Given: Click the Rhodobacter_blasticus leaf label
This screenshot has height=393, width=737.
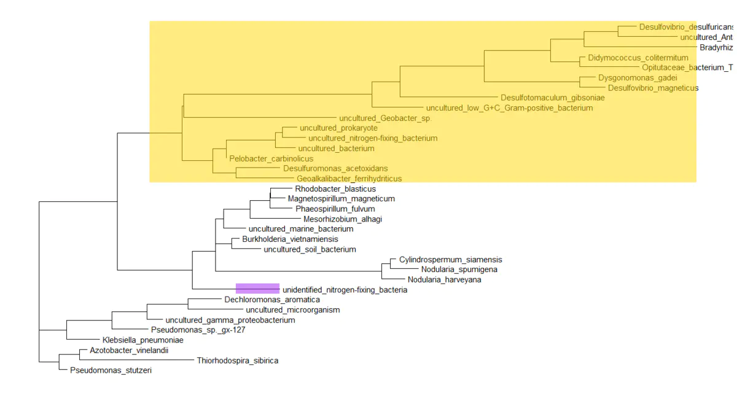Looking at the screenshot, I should (x=335, y=189).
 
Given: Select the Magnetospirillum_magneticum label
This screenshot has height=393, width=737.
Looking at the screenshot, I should (x=341, y=199).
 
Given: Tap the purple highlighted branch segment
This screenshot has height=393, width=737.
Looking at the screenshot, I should (x=258, y=288).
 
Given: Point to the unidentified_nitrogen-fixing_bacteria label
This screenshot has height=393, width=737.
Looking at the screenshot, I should (x=345, y=290).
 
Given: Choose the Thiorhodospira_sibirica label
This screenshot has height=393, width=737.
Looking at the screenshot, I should (x=237, y=361).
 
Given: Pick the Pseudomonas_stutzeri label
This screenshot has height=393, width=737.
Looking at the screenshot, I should (x=111, y=371).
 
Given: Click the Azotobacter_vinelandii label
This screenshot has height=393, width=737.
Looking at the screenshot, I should (x=128, y=351).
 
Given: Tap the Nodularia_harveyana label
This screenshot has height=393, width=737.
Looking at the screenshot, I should (x=444, y=280).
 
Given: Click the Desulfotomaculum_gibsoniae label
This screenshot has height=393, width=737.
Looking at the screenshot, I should (x=552, y=98).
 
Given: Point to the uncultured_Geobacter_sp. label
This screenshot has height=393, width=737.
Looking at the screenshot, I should (x=385, y=118).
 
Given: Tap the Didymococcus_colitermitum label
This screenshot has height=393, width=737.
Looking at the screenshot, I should (x=638, y=58).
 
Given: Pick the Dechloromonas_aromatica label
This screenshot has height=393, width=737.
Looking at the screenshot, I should (x=272, y=300).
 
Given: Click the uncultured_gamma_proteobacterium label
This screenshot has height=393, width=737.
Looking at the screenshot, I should (x=230, y=320).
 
